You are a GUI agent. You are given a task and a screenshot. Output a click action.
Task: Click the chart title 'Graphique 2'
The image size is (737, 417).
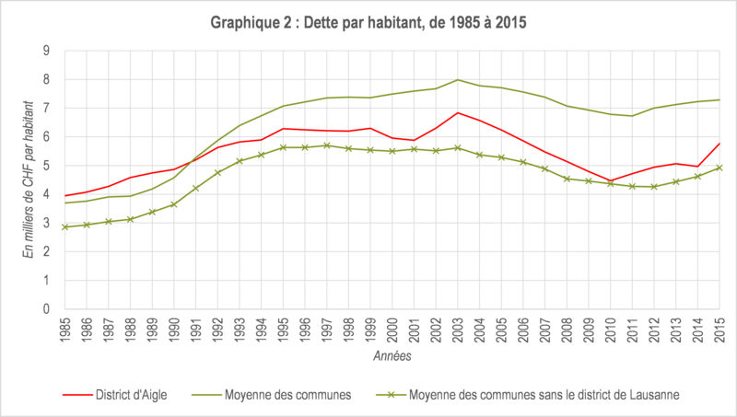click(251, 22)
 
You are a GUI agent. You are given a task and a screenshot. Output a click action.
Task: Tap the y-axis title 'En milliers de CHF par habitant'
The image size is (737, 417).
click(29, 180)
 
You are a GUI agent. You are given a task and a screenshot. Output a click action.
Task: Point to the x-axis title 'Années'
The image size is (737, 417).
click(392, 356)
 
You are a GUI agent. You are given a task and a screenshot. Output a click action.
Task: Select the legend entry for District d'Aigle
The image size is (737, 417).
click(115, 395)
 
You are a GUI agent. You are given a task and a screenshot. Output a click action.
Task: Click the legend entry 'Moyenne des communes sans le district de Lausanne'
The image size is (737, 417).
click(528, 395)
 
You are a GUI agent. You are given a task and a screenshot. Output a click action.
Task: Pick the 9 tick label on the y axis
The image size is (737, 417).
click(46, 51)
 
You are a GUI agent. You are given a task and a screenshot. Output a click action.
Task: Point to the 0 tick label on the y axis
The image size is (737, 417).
click(46, 309)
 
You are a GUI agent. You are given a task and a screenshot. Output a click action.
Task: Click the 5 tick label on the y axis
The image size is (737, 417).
click(46, 166)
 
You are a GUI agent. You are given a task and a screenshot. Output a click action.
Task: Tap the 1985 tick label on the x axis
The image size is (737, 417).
click(65, 330)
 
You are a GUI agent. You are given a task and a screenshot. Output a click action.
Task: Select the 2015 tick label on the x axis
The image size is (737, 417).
click(719, 330)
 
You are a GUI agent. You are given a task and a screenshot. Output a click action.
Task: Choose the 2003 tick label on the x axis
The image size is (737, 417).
click(457, 330)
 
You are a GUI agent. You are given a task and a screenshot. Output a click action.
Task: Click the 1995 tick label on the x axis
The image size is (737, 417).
click(283, 330)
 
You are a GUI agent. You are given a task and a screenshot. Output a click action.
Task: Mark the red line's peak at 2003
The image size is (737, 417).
click(457, 112)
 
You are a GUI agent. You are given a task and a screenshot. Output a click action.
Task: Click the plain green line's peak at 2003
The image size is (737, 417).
click(457, 80)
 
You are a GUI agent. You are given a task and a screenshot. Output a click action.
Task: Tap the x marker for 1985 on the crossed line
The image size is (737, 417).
click(65, 227)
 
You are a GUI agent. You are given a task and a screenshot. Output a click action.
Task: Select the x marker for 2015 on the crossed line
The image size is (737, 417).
click(719, 168)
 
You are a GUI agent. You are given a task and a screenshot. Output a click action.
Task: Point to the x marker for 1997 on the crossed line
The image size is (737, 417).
click(327, 145)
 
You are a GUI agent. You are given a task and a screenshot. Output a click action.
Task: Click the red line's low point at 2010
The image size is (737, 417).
click(610, 180)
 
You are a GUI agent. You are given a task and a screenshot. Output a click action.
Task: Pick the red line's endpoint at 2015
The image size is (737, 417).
click(719, 144)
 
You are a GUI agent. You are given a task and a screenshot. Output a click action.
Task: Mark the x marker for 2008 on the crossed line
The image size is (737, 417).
click(567, 179)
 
